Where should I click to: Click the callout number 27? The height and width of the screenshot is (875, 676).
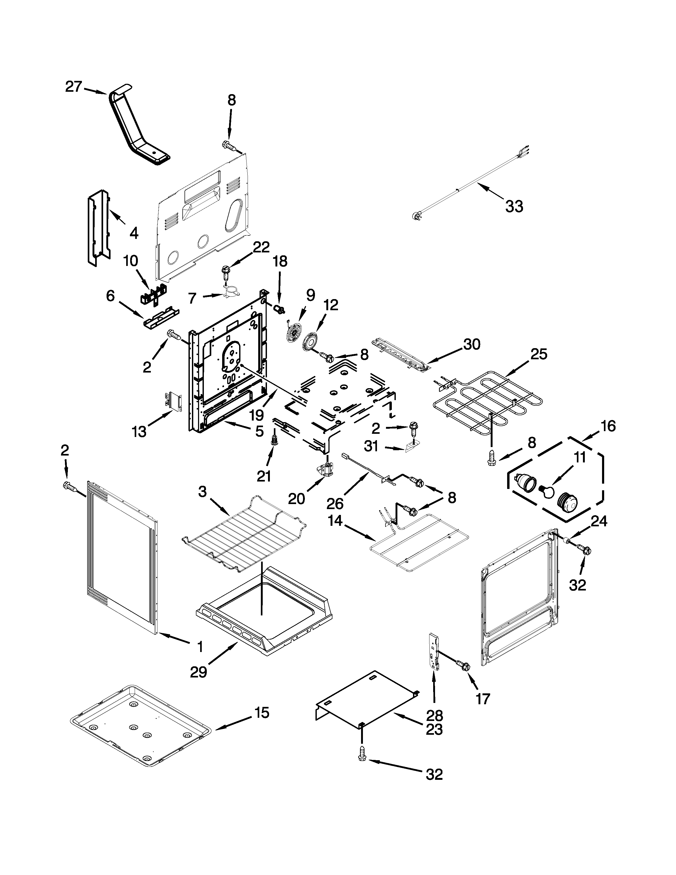[x=74, y=86]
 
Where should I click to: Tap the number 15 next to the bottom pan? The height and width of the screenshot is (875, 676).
[x=262, y=713]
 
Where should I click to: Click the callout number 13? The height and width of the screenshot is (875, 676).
[x=139, y=432]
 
